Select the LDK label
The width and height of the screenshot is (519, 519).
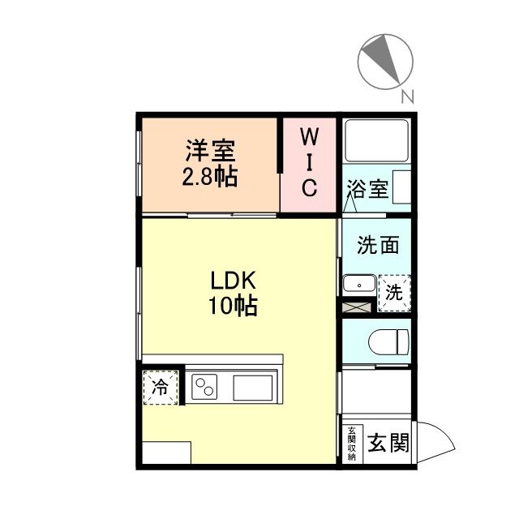pyautogui.click(x=234, y=281)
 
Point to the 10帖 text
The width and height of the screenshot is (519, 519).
pyautogui.click(x=234, y=306)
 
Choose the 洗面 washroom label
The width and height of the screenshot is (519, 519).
pyautogui.click(x=378, y=244)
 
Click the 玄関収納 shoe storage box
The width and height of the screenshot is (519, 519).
pyautogui.click(x=352, y=444)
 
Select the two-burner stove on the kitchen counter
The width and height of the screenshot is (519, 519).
pyautogui.click(x=206, y=387)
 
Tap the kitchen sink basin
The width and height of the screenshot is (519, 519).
pyautogui.click(x=255, y=387)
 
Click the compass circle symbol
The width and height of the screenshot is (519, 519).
pyautogui.click(x=385, y=59)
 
